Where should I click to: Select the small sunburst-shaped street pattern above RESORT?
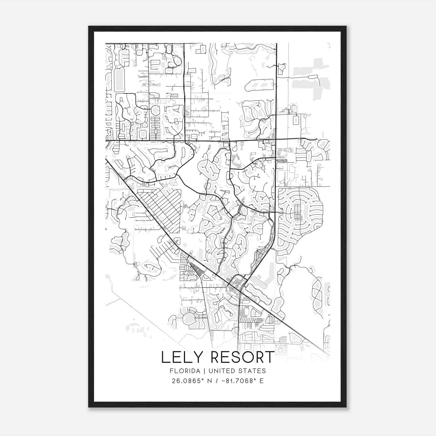[x=280, y=349]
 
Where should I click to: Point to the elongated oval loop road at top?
[x=259, y=85]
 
